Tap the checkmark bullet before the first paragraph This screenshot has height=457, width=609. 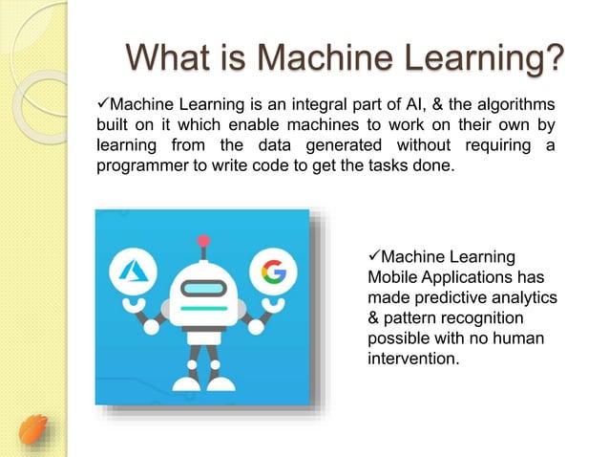pyautogui.click(x=105, y=103)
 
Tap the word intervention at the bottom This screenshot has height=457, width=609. pyautogui.click(x=412, y=360)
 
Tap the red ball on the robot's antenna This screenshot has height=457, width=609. pyautogui.click(x=202, y=241)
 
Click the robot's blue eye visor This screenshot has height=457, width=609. pyautogui.click(x=202, y=288)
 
